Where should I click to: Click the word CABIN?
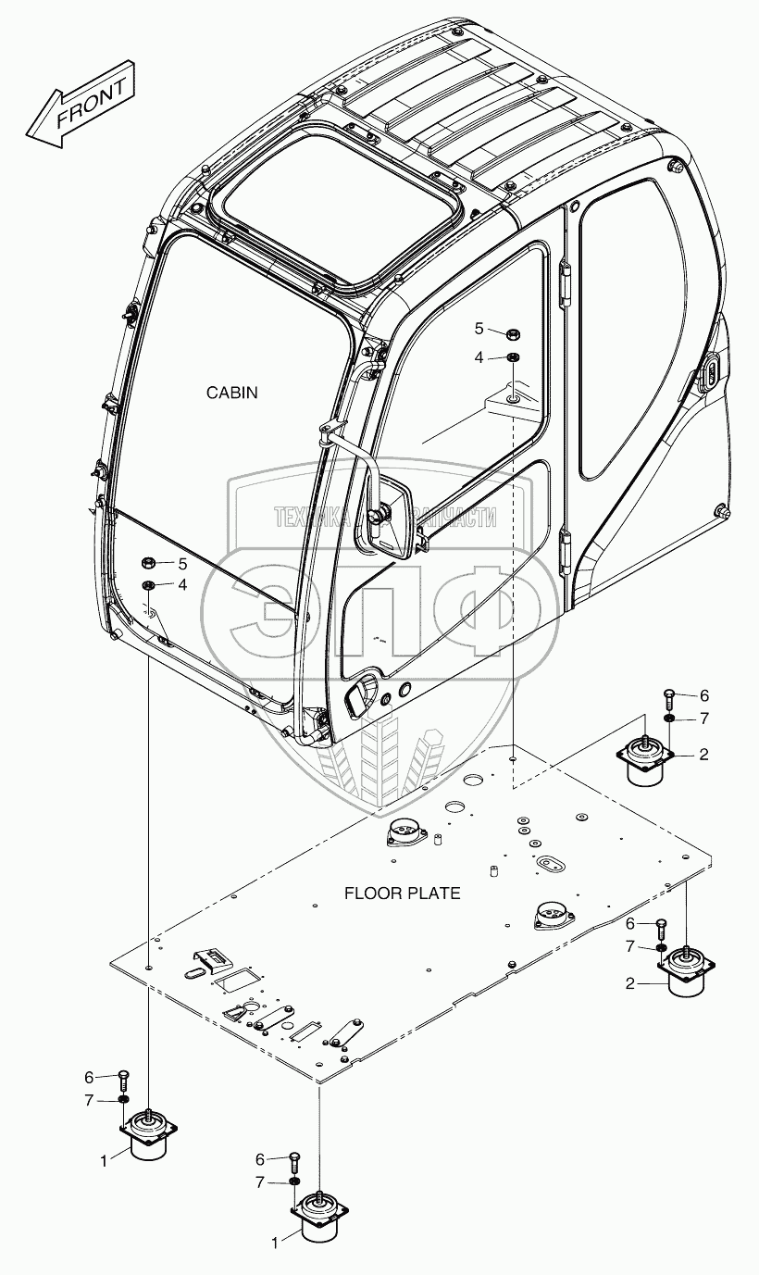231,393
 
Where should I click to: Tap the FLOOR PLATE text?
402,894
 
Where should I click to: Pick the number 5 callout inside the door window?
479,328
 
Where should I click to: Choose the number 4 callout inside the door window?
479,356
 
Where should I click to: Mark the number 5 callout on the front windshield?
182,563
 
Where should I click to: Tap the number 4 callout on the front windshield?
182,584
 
